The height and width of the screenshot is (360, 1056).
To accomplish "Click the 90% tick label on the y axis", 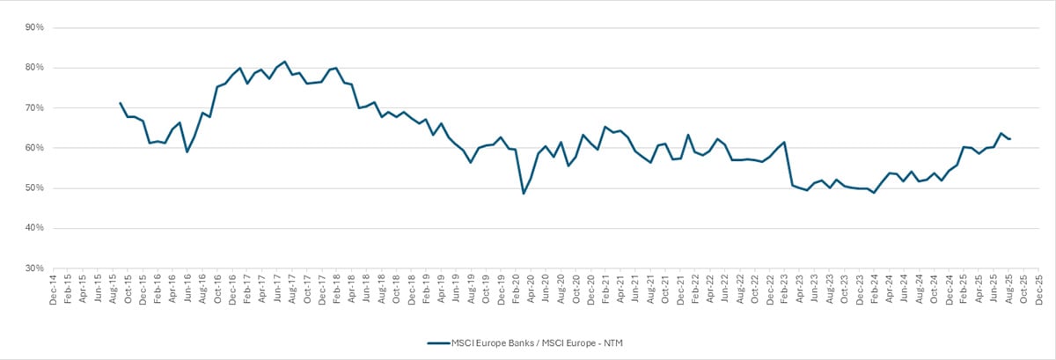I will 35,27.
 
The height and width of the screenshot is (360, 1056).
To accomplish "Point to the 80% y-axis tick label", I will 35,68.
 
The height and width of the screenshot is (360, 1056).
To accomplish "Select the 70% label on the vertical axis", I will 35,107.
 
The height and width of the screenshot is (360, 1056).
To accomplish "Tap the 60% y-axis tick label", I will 35,148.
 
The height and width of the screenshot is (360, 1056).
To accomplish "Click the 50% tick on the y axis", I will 35,187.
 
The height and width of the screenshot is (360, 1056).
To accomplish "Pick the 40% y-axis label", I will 35,228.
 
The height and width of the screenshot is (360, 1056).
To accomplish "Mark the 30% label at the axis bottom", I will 35,268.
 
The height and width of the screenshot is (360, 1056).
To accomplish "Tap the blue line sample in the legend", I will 438,343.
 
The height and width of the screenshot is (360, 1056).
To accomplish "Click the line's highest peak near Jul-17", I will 284,62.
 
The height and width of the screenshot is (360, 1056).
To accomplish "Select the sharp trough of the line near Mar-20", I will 524,193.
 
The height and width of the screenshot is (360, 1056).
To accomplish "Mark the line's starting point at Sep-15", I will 120,103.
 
